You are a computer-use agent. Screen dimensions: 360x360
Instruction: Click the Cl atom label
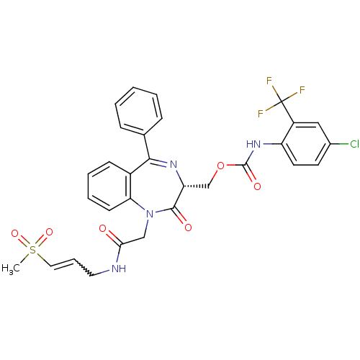[354, 144]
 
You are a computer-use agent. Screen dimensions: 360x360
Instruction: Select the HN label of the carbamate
[253, 144]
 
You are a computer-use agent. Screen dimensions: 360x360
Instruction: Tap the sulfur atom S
[32, 250]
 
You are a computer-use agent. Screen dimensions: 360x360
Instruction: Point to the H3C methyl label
[11, 269]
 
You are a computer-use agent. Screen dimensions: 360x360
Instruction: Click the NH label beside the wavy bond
[119, 269]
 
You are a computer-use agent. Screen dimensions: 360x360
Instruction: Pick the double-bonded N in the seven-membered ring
[173, 165]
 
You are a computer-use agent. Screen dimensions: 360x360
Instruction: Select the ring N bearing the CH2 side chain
[150, 214]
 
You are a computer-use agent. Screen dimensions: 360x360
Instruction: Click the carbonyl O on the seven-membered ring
[188, 228]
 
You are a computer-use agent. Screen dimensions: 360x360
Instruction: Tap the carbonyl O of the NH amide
[103, 228]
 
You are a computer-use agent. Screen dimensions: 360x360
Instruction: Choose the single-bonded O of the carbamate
[220, 166]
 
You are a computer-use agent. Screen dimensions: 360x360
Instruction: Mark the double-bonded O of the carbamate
[257, 186]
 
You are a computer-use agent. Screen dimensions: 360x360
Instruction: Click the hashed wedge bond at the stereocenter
[197, 186]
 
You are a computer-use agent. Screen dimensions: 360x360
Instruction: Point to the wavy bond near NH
[83, 267]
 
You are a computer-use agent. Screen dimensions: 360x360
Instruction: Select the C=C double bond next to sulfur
[63, 264]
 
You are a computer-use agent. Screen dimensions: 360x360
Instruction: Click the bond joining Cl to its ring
[339, 144]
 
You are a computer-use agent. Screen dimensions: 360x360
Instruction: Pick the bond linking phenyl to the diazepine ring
[147, 146]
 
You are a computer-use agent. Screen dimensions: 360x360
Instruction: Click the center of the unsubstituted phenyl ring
[139, 111]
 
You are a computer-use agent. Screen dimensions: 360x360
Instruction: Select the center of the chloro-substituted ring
[306, 144]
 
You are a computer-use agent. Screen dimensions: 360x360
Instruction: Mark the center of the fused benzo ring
[109, 186]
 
